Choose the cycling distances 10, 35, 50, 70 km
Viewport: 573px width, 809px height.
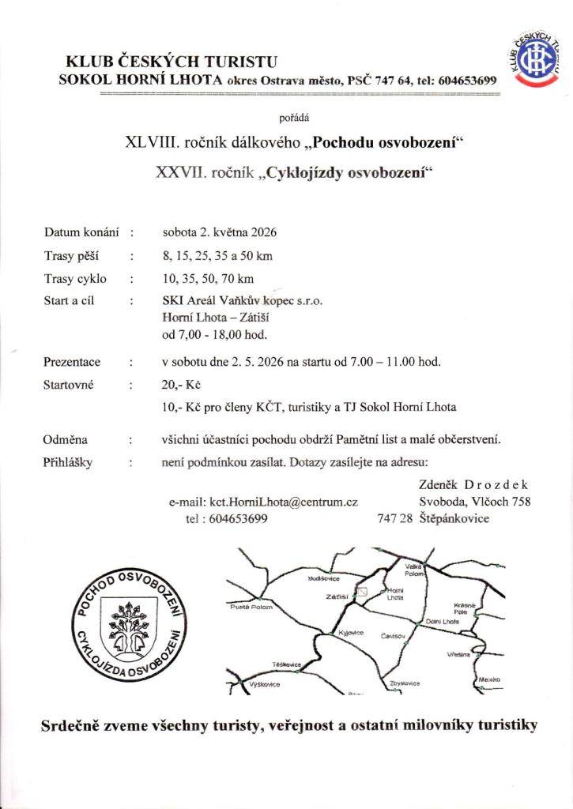coord(208,278)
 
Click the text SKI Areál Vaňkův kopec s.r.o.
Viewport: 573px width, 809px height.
coord(242,301)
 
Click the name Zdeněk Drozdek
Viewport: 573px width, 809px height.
coord(472,484)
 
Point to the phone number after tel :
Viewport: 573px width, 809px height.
coord(237,518)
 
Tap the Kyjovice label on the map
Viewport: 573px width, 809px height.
coord(349,634)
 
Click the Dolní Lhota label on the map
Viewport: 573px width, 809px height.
coord(442,622)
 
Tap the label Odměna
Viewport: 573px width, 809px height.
coord(66,439)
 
